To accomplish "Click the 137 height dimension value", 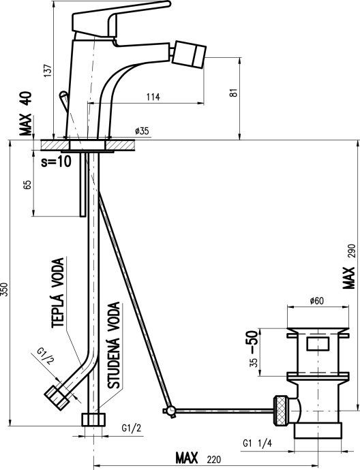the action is [48, 71].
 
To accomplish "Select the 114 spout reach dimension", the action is [153, 97].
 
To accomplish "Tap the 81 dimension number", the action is [235, 93].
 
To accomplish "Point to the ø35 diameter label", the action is [142, 131].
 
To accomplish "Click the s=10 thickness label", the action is [57, 161].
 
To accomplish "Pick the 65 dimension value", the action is [27, 185].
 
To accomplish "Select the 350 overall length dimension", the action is [4, 289].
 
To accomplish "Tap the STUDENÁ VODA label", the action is [114, 345].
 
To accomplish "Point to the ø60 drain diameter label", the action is [317, 300].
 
